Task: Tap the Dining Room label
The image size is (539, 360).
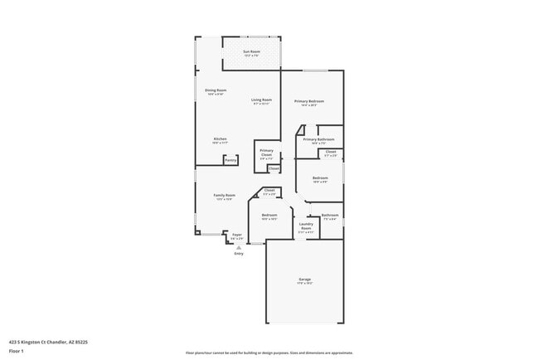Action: [x=216, y=91]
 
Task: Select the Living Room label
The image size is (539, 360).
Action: [x=261, y=101]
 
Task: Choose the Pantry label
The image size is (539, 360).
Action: [x=231, y=159]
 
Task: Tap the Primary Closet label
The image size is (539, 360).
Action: [x=266, y=153]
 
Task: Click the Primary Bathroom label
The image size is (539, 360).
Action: [x=318, y=140]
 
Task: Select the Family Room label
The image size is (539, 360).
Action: [x=225, y=197]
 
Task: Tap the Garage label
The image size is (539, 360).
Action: [x=305, y=280]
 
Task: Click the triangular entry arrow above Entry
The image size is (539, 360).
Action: [x=239, y=247]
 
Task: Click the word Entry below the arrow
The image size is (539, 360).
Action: [x=239, y=254]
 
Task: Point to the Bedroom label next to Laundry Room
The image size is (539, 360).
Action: [x=269, y=216]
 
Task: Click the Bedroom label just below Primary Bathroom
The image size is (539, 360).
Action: [x=320, y=178]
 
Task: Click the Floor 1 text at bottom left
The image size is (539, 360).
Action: [x=17, y=351]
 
